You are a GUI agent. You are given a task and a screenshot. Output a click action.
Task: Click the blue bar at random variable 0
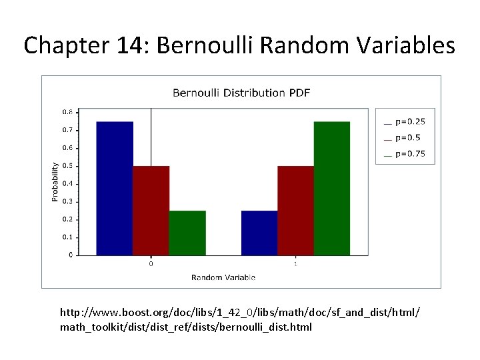(115, 188)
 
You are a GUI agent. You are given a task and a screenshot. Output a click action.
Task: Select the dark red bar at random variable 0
(151, 210)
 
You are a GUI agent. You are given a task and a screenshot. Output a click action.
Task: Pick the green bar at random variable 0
(187, 233)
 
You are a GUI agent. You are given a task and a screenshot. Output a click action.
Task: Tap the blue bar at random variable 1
(259, 233)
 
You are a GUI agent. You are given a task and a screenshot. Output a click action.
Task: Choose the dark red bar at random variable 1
(295, 210)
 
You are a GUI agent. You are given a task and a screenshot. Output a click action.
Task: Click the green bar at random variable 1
(331, 188)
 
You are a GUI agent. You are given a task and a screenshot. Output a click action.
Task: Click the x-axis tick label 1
(295, 264)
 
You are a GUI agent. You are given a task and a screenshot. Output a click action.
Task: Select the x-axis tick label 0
(151, 264)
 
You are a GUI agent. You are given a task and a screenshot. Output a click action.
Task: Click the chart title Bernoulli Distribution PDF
(241, 93)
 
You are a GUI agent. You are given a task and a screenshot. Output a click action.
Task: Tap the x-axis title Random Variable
(223, 277)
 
